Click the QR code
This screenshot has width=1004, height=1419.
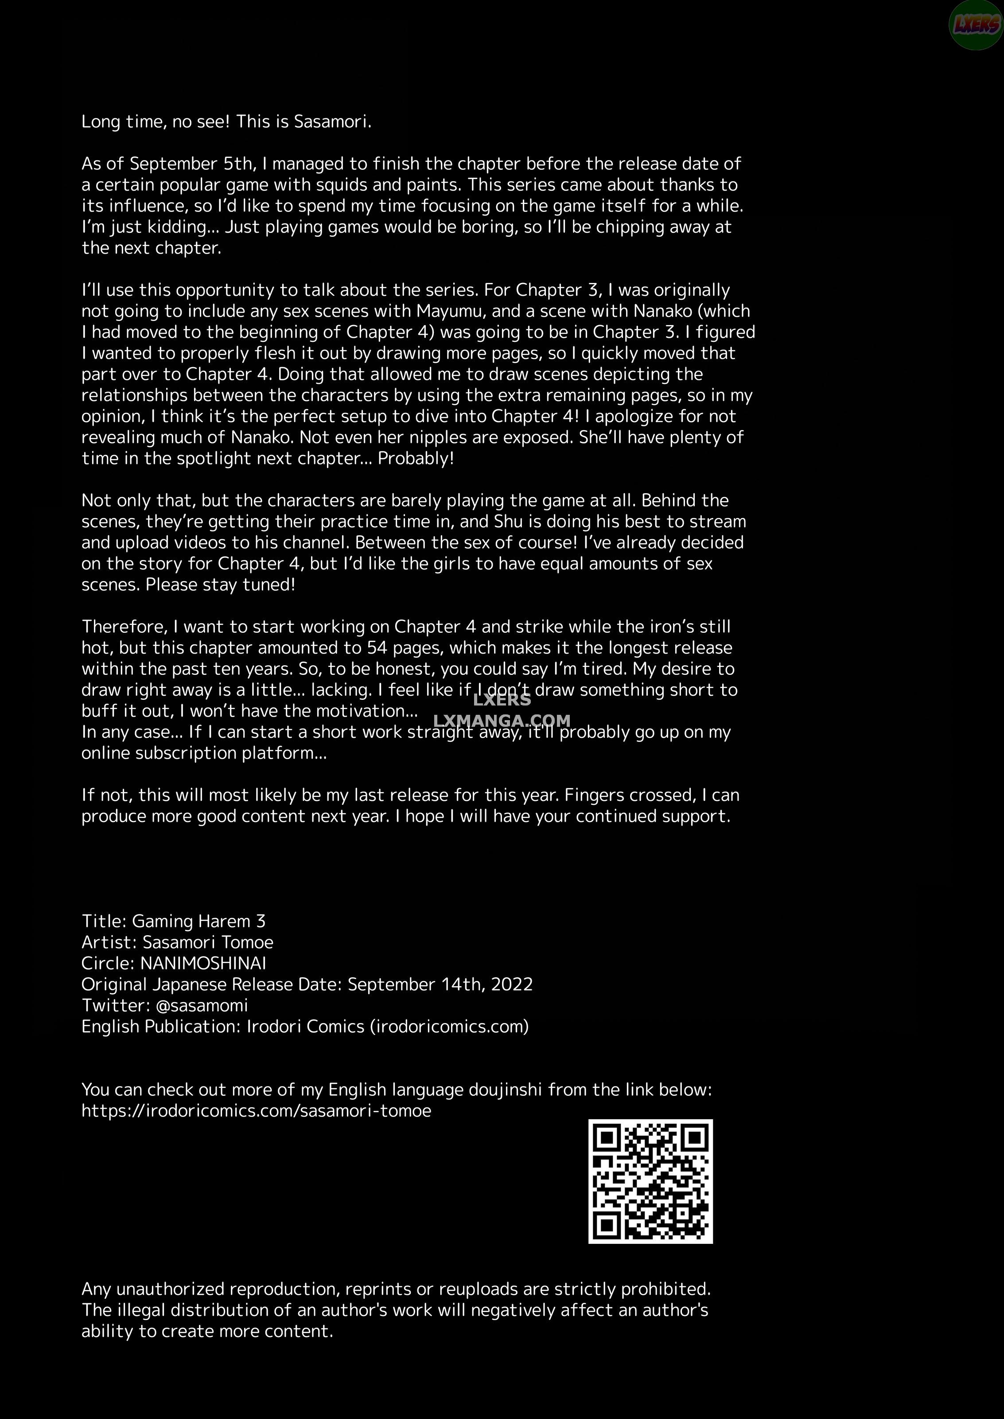pyautogui.click(x=650, y=1181)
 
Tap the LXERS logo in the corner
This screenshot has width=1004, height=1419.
pyautogui.click(x=976, y=25)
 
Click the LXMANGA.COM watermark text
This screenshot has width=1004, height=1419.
pyautogui.click(x=502, y=721)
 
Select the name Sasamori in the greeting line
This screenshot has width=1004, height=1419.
pyautogui.click(x=332, y=122)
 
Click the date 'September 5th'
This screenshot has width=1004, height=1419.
pyautogui.click(x=192, y=164)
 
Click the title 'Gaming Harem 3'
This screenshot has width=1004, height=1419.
pyautogui.click(x=198, y=921)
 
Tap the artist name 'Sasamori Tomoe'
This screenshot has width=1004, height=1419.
pyautogui.click(x=208, y=942)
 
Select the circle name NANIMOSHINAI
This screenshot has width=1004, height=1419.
pyautogui.click(x=203, y=963)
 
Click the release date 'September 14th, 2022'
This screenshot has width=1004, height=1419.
pyautogui.click(x=440, y=984)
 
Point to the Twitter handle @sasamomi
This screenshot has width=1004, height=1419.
pyautogui.click(x=202, y=1005)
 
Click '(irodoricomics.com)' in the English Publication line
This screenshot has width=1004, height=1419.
pyautogui.click(x=449, y=1026)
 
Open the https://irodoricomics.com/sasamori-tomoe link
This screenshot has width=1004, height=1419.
pyautogui.click(x=256, y=1110)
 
